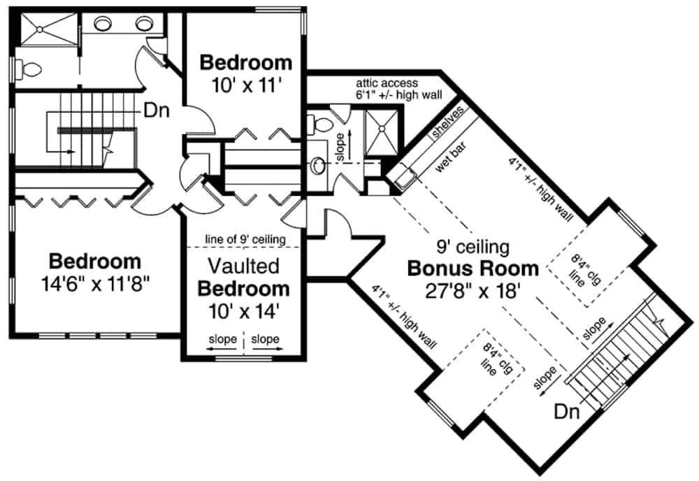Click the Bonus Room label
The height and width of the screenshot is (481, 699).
coord(473,268)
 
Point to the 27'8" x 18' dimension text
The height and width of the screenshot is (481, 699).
coord(473,289)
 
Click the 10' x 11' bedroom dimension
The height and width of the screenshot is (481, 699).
coord(245,85)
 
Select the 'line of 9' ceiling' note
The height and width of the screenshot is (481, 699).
coord(245,240)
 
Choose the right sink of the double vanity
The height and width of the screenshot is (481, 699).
coord(144,24)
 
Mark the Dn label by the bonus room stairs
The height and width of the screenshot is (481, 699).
coord(567,412)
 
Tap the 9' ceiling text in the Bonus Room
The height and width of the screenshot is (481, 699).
coord(473,247)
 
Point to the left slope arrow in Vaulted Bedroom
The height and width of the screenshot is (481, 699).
coord(222,340)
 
